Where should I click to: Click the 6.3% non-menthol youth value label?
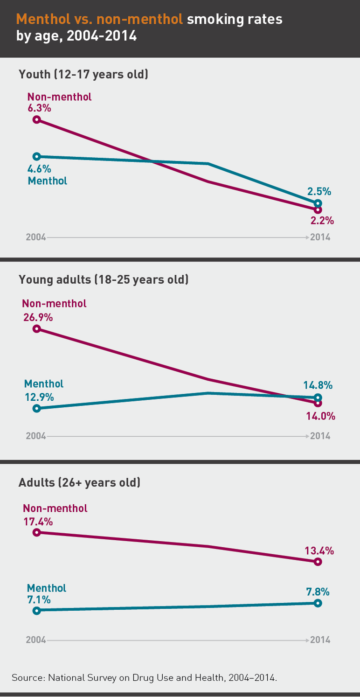click(x=39, y=108)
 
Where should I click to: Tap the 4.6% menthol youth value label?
click(x=39, y=169)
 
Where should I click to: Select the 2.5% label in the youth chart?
click(x=319, y=191)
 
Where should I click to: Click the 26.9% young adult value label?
click(x=38, y=317)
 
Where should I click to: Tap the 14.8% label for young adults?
click(x=318, y=385)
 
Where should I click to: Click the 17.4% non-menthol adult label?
click(x=38, y=521)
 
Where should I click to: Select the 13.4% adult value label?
click(x=319, y=551)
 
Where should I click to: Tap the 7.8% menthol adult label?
click(x=318, y=592)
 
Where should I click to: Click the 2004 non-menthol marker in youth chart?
click(x=36, y=120)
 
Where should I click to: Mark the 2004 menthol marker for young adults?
click(x=36, y=408)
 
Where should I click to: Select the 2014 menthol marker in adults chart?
click(x=318, y=603)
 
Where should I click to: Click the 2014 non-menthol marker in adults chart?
click(x=318, y=562)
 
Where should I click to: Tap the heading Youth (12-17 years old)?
click(x=83, y=74)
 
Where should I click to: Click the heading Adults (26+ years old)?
click(x=79, y=482)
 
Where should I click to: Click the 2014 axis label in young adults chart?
click(x=320, y=436)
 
